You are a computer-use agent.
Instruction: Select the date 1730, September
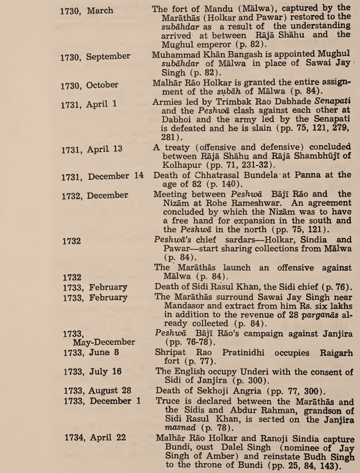click(x=95, y=56)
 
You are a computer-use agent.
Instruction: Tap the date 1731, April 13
click(x=91, y=149)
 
